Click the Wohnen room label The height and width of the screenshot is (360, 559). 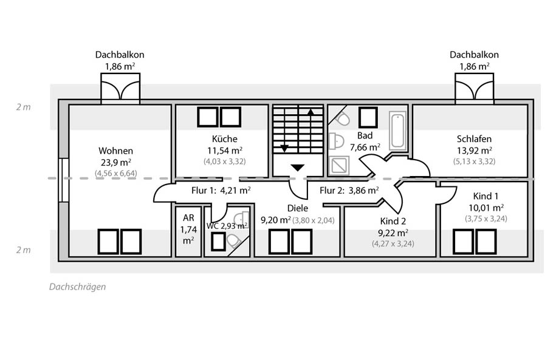[x=115, y=151]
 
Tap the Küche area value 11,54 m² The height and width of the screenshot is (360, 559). [x=225, y=151]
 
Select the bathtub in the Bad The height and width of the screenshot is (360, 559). [x=397, y=131]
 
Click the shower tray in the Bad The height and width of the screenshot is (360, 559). [x=338, y=166]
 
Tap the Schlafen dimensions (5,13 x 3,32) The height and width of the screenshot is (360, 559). [x=474, y=161]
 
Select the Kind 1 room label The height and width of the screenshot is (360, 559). [x=485, y=196]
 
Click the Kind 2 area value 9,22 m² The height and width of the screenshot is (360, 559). [x=393, y=233]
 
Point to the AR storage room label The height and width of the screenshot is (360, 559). [x=188, y=217]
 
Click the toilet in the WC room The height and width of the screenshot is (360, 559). [x=233, y=241]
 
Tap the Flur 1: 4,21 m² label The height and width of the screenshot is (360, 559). [x=221, y=191]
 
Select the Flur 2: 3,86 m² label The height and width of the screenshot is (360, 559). [x=349, y=191]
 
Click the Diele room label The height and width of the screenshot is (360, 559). [x=298, y=208]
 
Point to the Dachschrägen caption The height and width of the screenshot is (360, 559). [x=77, y=287]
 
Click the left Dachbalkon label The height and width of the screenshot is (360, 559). [x=120, y=55]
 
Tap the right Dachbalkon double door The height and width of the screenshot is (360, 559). [x=474, y=90]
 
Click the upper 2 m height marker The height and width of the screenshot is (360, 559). [x=23, y=107]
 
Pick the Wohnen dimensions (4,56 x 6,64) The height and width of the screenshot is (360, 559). [x=116, y=174]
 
